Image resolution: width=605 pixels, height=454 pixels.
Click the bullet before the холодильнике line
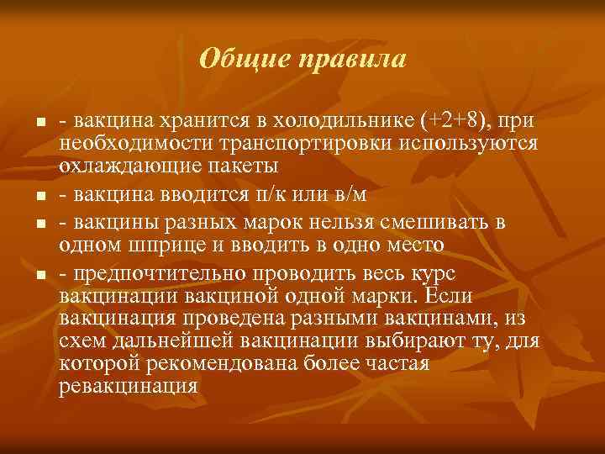[x=40, y=124]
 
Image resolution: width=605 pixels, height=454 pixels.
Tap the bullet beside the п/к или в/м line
[x=40, y=197]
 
